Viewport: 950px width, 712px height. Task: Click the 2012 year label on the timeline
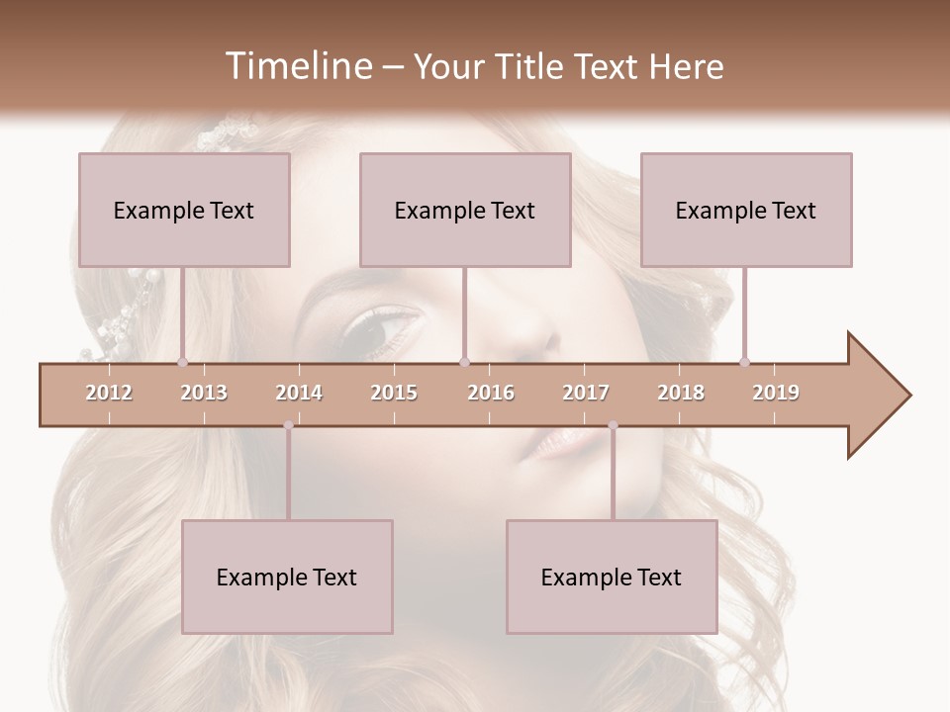pyautogui.click(x=109, y=393)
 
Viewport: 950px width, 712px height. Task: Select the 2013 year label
pyautogui.click(x=204, y=393)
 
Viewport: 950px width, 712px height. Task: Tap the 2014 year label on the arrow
pyautogui.click(x=299, y=393)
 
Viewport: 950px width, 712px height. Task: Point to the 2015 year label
pyautogui.click(x=394, y=393)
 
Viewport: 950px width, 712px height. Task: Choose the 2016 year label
pyautogui.click(x=491, y=393)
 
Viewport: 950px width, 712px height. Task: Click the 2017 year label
pyautogui.click(x=586, y=393)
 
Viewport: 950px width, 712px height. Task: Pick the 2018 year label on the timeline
pyautogui.click(x=681, y=393)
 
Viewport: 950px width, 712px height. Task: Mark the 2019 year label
pyautogui.click(x=776, y=393)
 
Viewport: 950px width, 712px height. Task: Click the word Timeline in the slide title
pyautogui.click(x=296, y=66)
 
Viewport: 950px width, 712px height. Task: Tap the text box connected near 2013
pyautogui.click(x=184, y=210)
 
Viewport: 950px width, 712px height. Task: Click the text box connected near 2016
pyautogui.click(x=465, y=210)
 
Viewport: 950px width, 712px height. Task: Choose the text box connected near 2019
pyautogui.click(x=746, y=210)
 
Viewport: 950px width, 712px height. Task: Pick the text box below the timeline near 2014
pyautogui.click(x=287, y=577)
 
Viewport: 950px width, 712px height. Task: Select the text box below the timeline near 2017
pyautogui.click(x=612, y=577)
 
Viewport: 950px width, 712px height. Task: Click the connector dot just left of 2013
pyautogui.click(x=182, y=362)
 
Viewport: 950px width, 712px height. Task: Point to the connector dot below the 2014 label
pyautogui.click(x=288, y=426)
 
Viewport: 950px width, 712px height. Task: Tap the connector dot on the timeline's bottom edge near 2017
pyautogui.click(x=613, y=426)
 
